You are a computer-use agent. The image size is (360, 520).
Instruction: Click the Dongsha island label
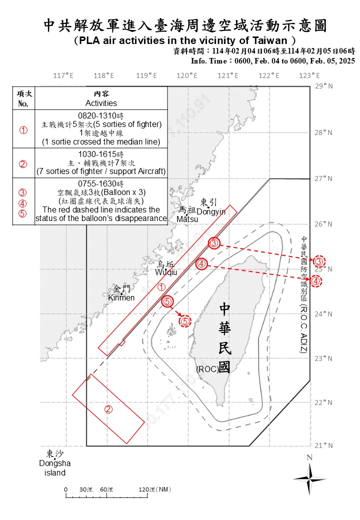[55, 463]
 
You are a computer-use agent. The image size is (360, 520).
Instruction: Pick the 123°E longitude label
[309, 75]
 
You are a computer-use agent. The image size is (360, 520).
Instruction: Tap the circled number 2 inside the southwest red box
[108, 409]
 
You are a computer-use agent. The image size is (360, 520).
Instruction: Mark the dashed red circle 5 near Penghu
[185, 321]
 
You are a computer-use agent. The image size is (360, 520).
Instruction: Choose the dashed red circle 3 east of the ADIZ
[319, 261]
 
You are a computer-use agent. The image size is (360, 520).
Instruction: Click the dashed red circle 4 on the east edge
[316, 281]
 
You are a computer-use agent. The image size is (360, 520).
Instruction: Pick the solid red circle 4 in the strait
[201, 263]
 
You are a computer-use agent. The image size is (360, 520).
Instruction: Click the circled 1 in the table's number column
[23, 129]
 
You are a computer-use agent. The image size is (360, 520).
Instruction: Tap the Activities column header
[101, 103]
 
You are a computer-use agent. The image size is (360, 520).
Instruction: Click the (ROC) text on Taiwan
[206, 369]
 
